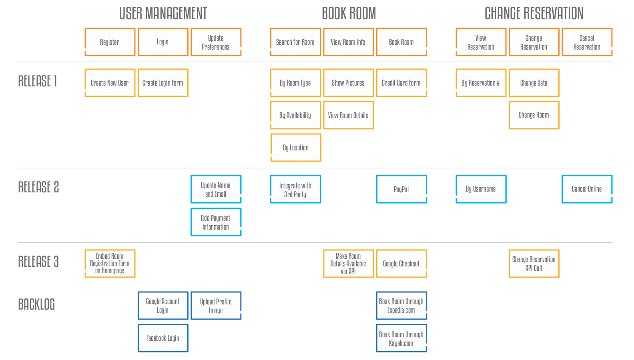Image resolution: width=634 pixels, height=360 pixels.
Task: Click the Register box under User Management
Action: pyautogui.click(x=110, y=42)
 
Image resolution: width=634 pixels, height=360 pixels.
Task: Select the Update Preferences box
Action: pyautogui.click(x=216, y=42)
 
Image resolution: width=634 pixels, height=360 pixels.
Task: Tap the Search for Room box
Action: pyautogui.click(x=295, y=42)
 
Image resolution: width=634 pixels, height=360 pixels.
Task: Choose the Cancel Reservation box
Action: pyautogui.click(x=587, y=42)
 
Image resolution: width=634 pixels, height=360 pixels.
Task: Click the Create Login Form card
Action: pyautogui.click(x=163, y=83)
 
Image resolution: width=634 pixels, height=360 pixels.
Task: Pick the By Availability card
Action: pyautogui.click(x=295, y=115)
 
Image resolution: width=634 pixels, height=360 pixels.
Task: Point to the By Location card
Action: pyautogui.click(x=296, y=148)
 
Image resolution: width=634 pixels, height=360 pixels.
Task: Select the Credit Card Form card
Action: pyautogui.click(x=401, y=83)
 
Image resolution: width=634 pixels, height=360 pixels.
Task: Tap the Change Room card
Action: pyautogui.click(x=534, y=115)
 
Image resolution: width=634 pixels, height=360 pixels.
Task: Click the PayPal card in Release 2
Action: pyautogui.click(x=401, y=189)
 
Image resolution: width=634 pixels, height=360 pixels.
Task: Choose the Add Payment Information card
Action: pyautogui.click(x=216, y=222)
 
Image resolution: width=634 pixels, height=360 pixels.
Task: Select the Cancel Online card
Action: pyautogui.click(x=587, y=189)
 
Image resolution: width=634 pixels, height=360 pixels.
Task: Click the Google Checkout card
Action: pyautogui.click(x=401, y=264)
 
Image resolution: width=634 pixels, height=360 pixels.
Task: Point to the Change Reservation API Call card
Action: pyautogui.click(x=534, y=264)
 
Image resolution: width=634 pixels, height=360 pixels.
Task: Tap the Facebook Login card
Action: pyautogui.click(x=163, y=338)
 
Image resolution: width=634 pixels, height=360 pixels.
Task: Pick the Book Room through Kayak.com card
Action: pyautogui.click(x=401, y=338)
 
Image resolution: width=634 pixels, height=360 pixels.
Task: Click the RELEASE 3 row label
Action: pyautogui.click(x=38, y=261)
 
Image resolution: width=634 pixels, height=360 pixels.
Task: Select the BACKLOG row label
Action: pyautogui.click(x=36, y=304)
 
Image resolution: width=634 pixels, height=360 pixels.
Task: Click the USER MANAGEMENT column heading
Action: pyautogui.click(x=163, y=13)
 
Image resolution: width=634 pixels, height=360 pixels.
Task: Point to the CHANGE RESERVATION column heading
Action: pyautogui.click(x=534, y=13)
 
